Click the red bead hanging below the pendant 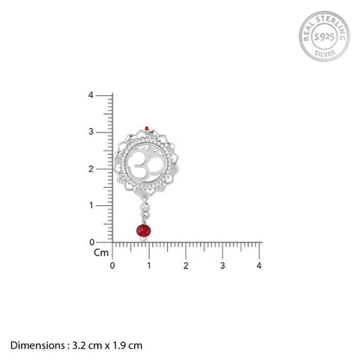click(x=144, y=230)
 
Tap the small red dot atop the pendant click(x=147, y=128)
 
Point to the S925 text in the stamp click(x=325, y=37)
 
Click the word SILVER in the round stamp click(x=325, y=53)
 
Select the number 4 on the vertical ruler click(x=91, y=95)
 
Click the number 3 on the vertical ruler click(x=91, y=132)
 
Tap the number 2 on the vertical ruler click(x=91, y=169)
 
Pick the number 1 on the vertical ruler click(x=91, y=205)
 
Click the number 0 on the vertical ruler click(x=92, y=242)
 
